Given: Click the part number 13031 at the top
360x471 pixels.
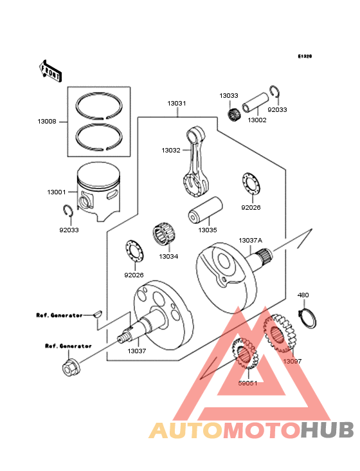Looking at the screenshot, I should point(177,103).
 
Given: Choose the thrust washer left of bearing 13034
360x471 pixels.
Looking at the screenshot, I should point(134,250).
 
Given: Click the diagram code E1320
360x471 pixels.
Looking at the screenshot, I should point(304,57).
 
